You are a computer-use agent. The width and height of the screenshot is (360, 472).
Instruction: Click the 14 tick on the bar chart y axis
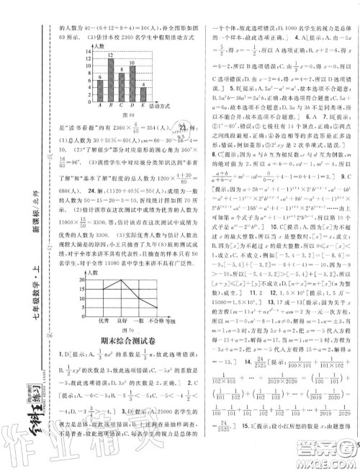(90, 51)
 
